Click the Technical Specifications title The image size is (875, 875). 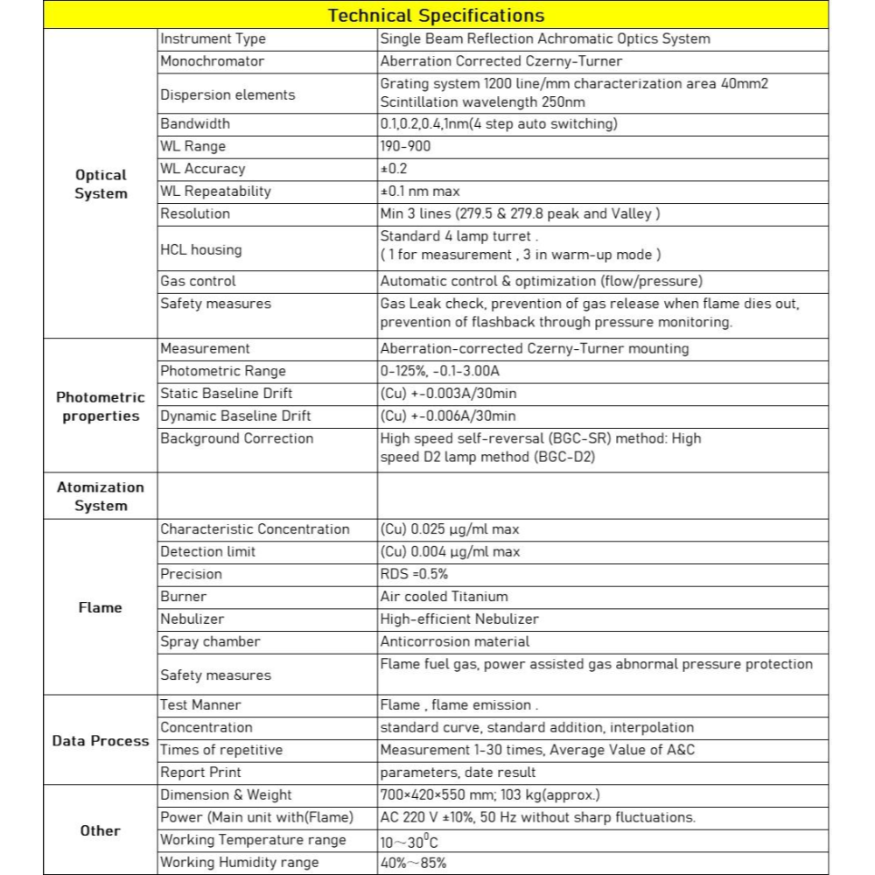[436, 16]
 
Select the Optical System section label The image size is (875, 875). [101, 185]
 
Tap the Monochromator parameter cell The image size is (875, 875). [212, 61]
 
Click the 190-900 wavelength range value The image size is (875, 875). [405, 146]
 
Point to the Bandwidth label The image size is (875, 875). [194, 123]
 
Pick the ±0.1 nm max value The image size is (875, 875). [419, 192]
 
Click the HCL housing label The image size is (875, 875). [200, 249]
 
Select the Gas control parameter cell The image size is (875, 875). [198, 281]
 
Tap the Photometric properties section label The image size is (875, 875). [101, 407]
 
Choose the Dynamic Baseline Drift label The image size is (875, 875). [235, 416]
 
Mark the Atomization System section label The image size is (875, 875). [101, 496]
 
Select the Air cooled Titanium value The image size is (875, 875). [444, 597]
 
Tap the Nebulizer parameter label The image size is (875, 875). [192, 619]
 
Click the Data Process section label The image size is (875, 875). [101, 741]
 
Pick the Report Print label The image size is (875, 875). [200, 773]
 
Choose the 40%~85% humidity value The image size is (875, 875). [413, 863]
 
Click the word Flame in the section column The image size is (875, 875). [101, 607]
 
